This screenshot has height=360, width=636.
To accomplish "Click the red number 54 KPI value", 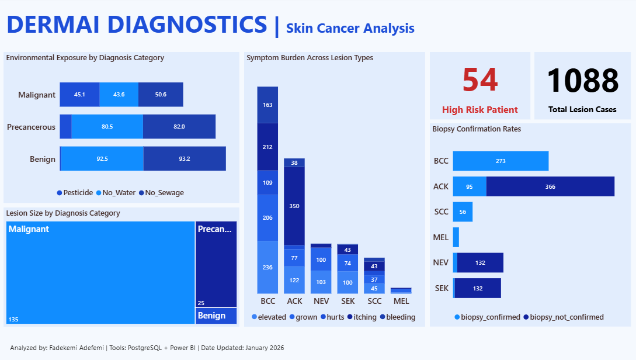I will (479, 80).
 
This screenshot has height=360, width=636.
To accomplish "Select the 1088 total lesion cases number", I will (583, 81).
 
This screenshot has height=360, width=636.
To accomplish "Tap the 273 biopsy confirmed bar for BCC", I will (501, 161).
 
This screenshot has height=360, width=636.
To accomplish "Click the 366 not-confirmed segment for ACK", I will (550, 186).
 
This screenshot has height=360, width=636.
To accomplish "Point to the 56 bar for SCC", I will (463, 212).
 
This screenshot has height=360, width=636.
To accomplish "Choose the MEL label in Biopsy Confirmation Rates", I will (441, 237).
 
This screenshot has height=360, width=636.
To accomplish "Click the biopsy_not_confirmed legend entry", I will (563, 317).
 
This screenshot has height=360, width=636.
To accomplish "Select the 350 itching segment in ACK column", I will (294, 206).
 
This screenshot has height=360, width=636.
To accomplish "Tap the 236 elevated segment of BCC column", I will (267, 267).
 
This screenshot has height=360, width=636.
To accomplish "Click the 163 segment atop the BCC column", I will (267, 105).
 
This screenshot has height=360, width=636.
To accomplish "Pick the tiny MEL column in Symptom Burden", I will (401, 290).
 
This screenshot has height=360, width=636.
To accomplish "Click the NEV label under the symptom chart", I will (321, 301).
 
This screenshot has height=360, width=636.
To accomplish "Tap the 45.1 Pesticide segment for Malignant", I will (79, 95).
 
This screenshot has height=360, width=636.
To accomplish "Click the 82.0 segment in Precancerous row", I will (179, 126).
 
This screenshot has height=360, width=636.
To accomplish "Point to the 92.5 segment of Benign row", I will (102, 158).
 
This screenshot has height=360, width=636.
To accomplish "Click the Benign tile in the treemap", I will (216, 316).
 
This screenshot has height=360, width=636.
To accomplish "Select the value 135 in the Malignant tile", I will (13, 319).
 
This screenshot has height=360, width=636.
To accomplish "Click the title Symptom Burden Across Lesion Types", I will (310, 58).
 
